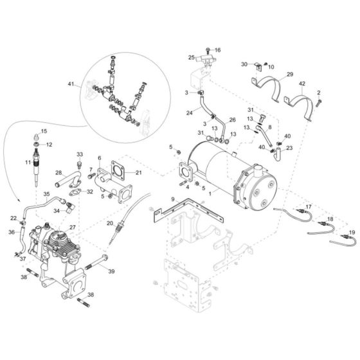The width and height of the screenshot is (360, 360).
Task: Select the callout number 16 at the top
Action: tap(217, 50)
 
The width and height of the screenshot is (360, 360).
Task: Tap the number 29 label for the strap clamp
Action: tap(289, 75)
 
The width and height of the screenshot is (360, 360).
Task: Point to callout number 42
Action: tap(302, 84)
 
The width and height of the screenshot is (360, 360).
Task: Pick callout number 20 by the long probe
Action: tap(110, 223)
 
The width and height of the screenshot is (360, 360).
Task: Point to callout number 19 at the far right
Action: tap(352, 231)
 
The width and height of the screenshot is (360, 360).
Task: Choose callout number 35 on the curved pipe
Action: tap(46, 193)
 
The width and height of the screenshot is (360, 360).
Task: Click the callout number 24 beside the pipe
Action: tap(190, 113)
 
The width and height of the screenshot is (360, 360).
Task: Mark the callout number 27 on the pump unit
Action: tap(73, 228)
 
